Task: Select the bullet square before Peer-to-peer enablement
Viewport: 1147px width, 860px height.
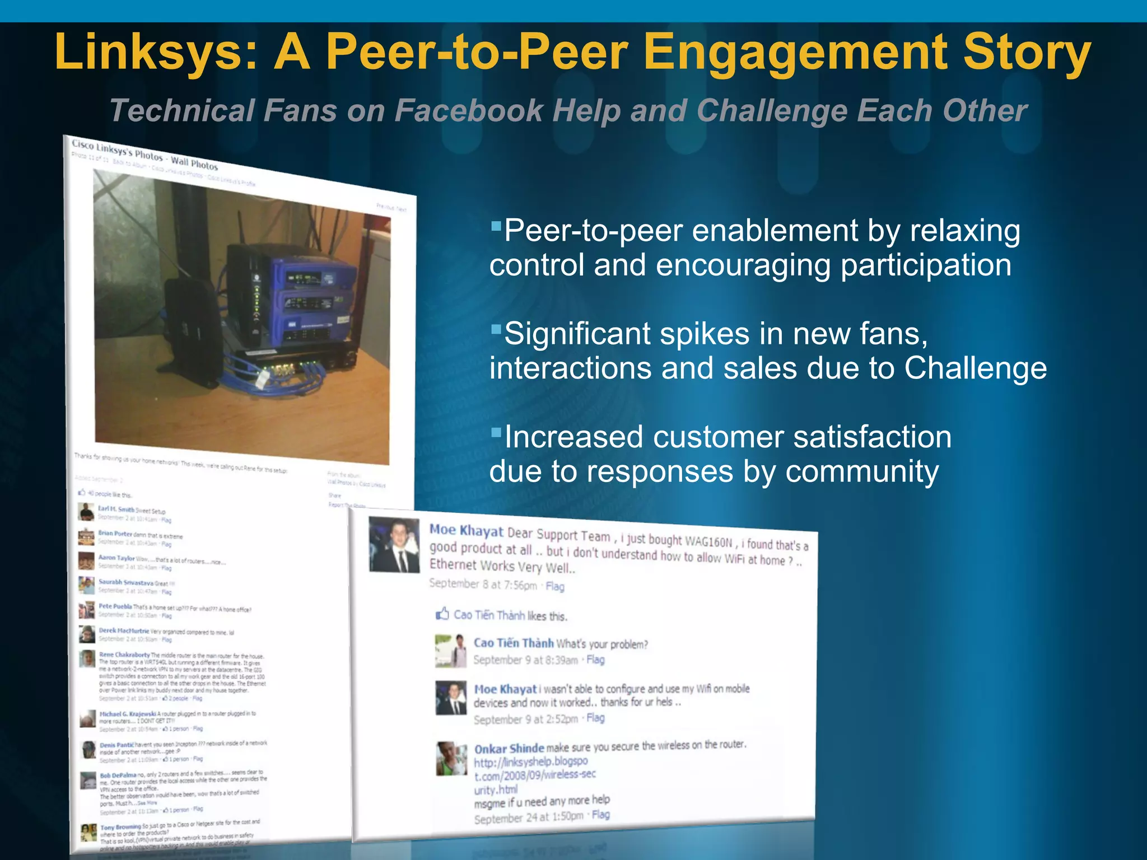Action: point(495,227)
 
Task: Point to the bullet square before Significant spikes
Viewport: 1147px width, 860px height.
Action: point(495,329)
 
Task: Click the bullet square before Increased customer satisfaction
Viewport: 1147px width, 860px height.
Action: point(495,432)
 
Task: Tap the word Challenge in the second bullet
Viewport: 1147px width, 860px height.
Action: point(975,368)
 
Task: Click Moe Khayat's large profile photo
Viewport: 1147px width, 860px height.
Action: point(394,545)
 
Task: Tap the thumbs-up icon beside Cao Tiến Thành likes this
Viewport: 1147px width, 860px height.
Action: point(442,614)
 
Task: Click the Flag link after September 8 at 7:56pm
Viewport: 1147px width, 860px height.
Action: point(555,586)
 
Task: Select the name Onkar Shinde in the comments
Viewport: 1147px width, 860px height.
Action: point(509,749)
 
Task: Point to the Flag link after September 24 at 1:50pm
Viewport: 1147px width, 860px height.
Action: point(600,815)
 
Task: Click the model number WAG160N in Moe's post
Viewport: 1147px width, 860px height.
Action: point(708,541)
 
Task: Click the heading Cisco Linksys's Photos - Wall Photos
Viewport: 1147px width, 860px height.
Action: point(144,155)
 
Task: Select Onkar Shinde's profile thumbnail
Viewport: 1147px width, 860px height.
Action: point(451,759)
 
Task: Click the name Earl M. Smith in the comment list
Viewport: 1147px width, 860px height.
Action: point(116,509)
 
